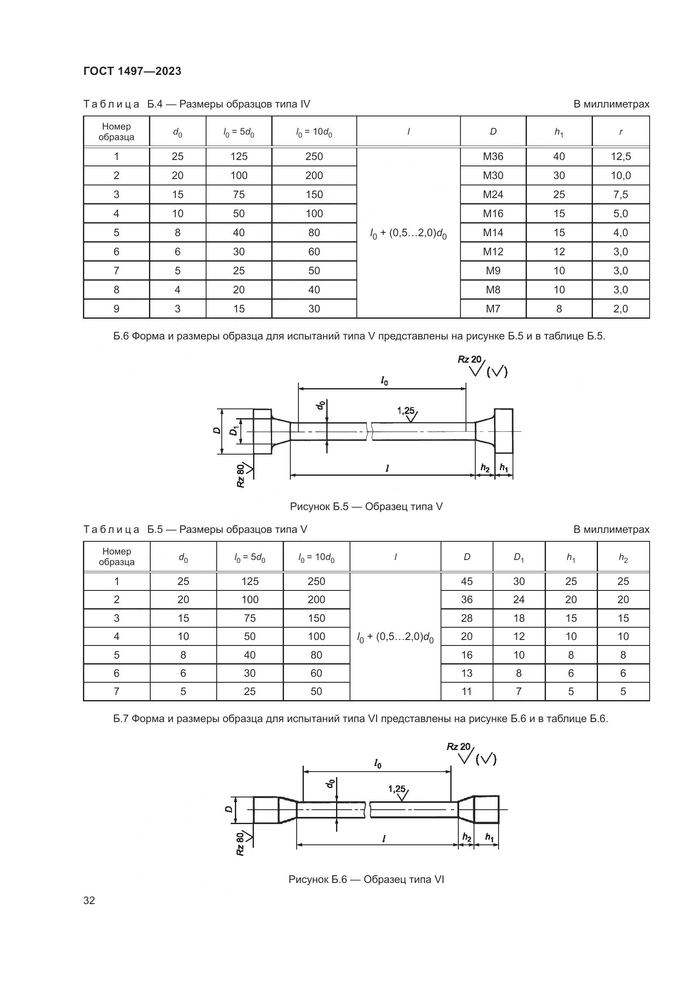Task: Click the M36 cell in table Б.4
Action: tap(493, 157)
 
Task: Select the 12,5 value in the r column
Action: tap(620, 157)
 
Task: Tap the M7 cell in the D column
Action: tap(493, 309)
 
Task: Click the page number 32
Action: tap(89, 900)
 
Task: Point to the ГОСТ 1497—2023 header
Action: tap(132, 71)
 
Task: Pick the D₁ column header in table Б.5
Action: tap(518, 557)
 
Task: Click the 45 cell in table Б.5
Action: tap(466, 581)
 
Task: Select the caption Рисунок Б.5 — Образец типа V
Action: tap(366, 507)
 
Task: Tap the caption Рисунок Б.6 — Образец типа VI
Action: tap(366, 879)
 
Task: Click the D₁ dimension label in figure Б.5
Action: tap(234, 430)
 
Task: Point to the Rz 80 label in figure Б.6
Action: tap(240, 844)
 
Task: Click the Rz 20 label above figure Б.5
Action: tap(470, 359)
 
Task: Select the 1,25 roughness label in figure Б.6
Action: tap(397, 789)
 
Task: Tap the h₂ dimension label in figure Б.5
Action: tap(485, 468)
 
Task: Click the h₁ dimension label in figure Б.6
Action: tap(489, 837)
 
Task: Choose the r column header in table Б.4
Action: tap(620, 132)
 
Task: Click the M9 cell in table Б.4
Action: tap(493, 271)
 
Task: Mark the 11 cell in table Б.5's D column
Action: tap(466, 692)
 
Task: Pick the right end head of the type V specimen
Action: tap(504, 431)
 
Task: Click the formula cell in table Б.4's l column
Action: tap(408, 233)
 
